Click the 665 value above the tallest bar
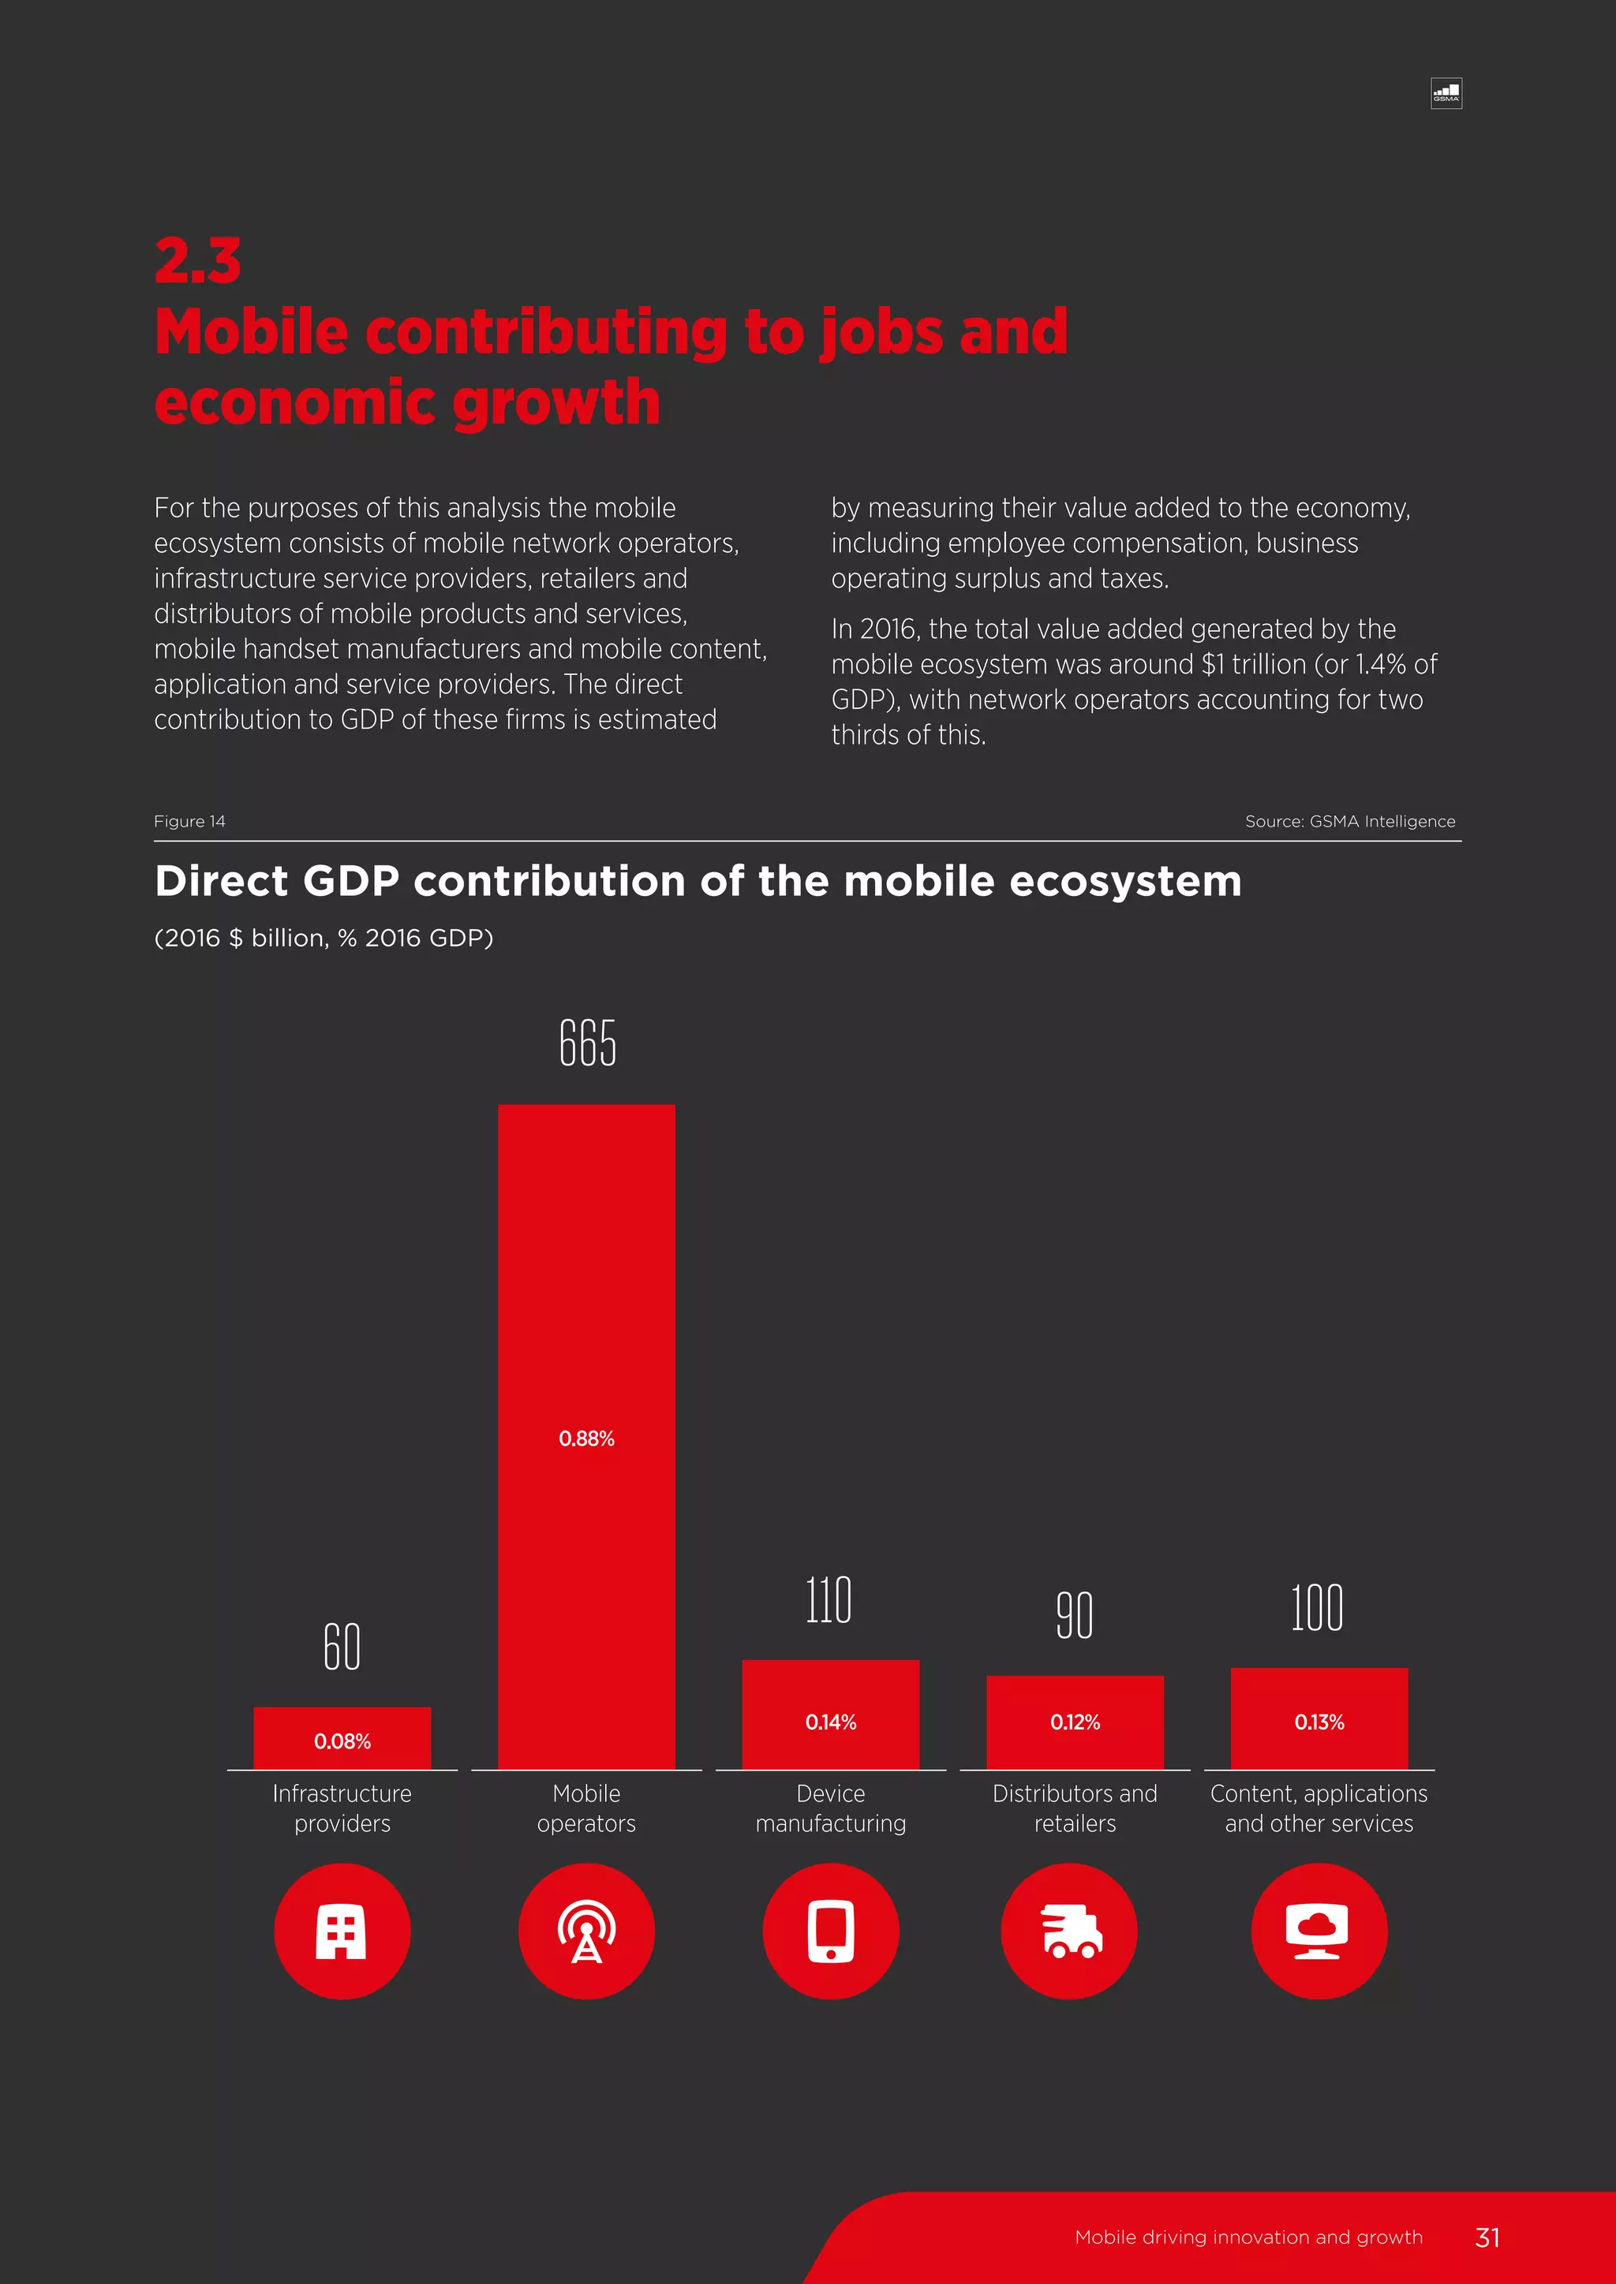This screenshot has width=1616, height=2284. pyautogui.click(x=587, y=1043)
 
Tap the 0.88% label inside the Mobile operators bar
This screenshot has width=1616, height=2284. pyautogui.click(x=586, y=1439)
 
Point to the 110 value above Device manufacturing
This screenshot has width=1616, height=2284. pyautogui.click(x=829, y=1600)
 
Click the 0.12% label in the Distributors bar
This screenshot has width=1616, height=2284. pyautogui.click(x=1075, y=1722)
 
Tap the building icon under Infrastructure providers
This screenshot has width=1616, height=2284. pyautogui.click(x=342, y=1931)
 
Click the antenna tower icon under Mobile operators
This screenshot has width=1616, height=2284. pyautogui.click(x=586, y=1931)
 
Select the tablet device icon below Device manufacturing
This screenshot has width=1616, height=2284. pyautogui.click(x=831, y=1931)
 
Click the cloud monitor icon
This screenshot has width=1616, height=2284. pyautogui.click(x=1319, y=1931)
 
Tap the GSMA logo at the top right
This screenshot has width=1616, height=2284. pyautogui.click(x=1446, y=94)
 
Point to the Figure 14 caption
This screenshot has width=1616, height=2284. pyautogui.click(x=189, y=821)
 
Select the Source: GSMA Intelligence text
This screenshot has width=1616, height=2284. pyautogui.click(x=1349, y=821)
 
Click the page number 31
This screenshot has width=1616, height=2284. pyautogui.click(x=1487, y=2237)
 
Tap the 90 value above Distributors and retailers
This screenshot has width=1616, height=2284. pyautogui.click(x=1075, y=1615)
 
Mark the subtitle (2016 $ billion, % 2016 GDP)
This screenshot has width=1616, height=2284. pyautogui.click(x=324, y=938)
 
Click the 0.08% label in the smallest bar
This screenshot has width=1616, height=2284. pyautogui.click(x=342, y=1741)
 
